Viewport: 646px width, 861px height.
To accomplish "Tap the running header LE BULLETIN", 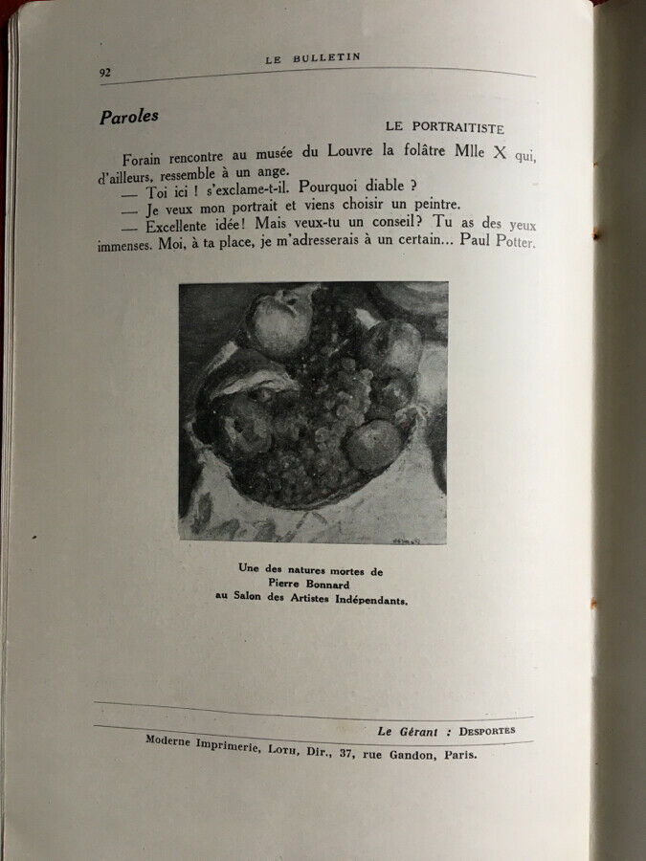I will coord(313,57).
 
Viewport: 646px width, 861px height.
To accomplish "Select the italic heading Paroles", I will coord(129,118).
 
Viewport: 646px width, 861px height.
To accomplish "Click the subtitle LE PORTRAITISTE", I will coord(444,126).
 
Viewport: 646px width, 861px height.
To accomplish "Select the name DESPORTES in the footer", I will coord(485,730).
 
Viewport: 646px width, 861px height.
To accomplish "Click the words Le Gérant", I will coord(408,732).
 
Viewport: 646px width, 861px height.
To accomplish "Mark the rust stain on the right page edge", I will coord(596,233).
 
